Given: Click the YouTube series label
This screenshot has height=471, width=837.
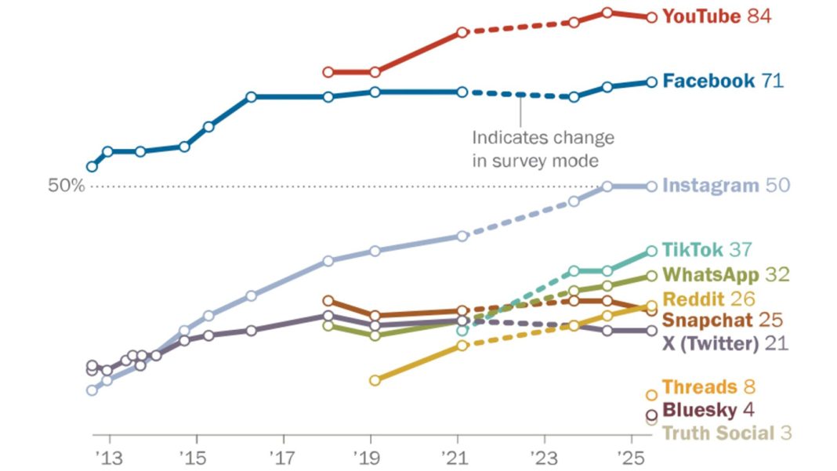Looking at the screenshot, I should point(701,16).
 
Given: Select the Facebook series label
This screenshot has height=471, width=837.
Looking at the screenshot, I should point(708,81).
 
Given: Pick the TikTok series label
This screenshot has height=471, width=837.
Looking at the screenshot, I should point(693,250).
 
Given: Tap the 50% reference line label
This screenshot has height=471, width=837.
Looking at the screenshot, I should point(66,187).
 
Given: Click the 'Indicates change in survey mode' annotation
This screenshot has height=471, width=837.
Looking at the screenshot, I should point(542,149).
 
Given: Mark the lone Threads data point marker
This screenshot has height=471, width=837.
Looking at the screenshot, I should point(651,395).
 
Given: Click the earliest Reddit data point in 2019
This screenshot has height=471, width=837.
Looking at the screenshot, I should point(375,380).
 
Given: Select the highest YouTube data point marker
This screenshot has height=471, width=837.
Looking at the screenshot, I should point(607,13).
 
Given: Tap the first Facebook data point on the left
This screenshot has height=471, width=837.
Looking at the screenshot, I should point(92,166).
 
